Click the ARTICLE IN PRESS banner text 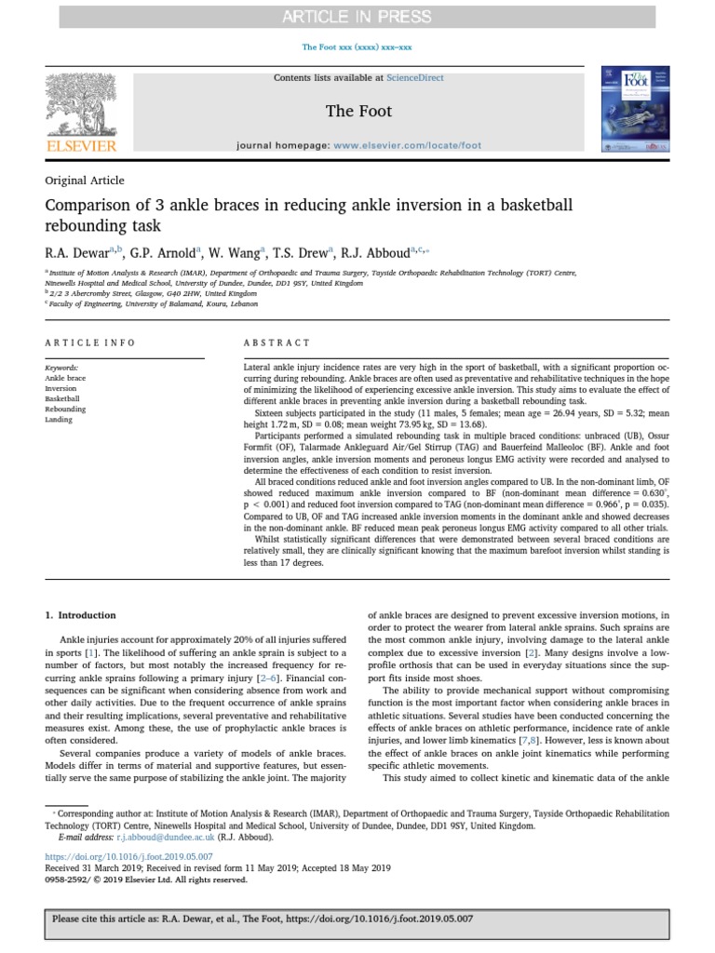357,16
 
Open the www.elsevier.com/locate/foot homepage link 407,146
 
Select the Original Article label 85,181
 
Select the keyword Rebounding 65,409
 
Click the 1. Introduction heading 81,615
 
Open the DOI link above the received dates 129,855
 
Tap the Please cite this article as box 357,918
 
